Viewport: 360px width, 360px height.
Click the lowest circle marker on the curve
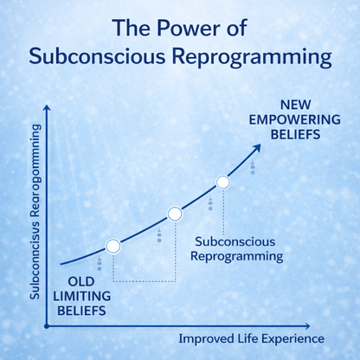pyautogui.click(x=112, y=247)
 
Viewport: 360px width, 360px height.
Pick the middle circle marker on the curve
pyautogui.click(x=174, y=213)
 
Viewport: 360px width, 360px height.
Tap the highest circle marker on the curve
pyautogui.click(x=222, y=182)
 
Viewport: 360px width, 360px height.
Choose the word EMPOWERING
pyautogui.click(x=283, y=120)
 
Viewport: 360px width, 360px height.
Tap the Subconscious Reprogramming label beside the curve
pyautogui.click(x=238, y=248)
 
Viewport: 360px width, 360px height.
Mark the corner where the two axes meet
pyautogui.click(x=47, y=326)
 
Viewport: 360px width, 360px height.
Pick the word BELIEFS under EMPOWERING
pyautogui.click(x=283, y=135)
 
